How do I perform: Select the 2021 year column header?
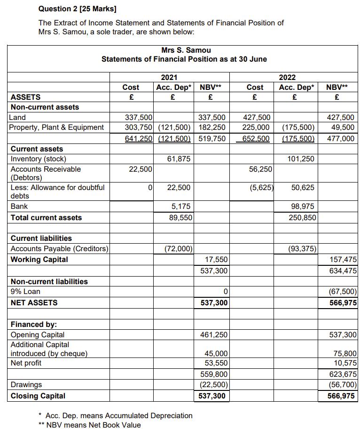[169, 77]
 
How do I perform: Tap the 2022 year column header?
[288, 77]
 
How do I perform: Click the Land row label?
[17, 117]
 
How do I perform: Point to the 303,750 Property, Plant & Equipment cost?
[137, 127]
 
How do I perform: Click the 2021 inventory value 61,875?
[179, 159]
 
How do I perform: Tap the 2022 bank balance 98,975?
[304, 207]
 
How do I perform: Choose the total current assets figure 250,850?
[304, 218]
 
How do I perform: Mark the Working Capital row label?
[39, 259]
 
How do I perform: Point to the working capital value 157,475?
[344, 259]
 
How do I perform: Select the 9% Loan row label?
[25, 291]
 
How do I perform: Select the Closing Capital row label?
[38, 396]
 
